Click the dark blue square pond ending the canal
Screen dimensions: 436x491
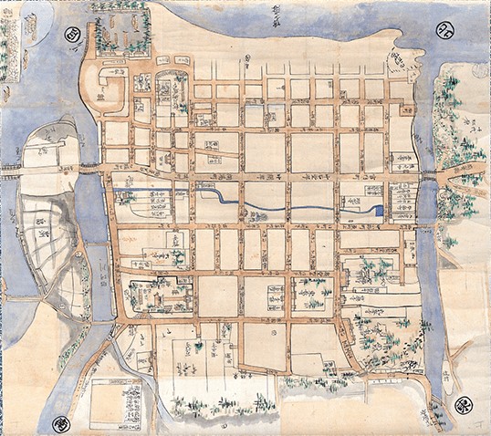coord(378,212)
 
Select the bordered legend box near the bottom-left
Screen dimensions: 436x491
coord(115,402)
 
